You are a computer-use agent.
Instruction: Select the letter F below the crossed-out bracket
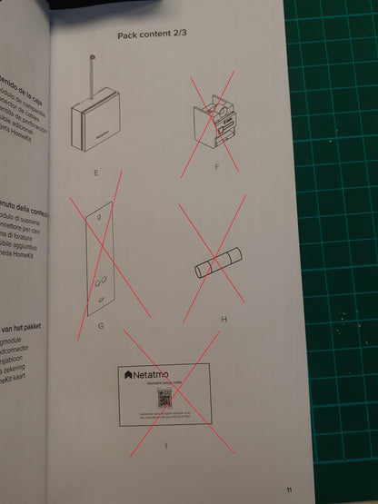click(x=216, y=167)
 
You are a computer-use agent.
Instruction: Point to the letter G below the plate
click(x=102, y=324)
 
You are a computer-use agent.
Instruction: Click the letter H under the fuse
click(x=224, y=320)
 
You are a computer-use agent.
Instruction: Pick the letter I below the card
click(x=166, y=443)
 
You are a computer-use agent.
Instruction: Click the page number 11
click(x=288, y=489)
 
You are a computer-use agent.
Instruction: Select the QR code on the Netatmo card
click(x=164, y=399)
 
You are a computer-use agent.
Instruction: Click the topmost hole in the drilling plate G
click(x=99, y=218)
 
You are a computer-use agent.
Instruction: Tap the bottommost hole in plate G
click(x=99, y=296)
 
